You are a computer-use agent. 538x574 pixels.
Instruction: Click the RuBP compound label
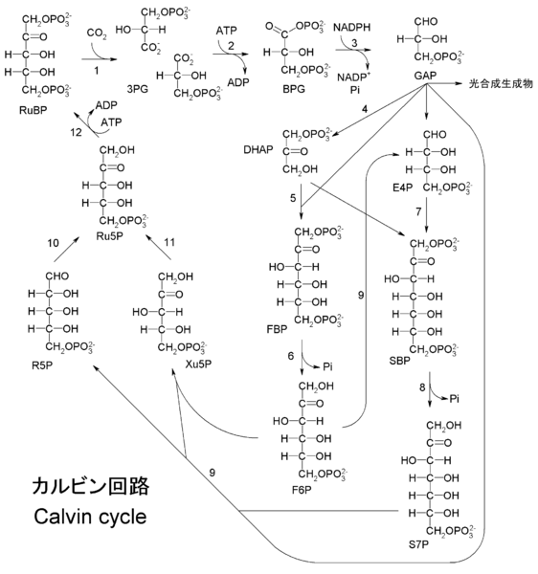(33, 110)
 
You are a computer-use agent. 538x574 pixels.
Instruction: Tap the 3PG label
(137, 89)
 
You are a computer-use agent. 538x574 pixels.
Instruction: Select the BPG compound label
(294, 89)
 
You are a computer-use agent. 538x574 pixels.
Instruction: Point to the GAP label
(425, 76)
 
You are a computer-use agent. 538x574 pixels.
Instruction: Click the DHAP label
(258, 150)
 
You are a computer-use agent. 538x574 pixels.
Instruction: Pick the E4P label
(402, 188)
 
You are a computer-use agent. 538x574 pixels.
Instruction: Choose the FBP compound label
(277, 329)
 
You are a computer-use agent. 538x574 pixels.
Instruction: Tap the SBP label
(399, 361)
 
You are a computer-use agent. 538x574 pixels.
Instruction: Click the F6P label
(302, 490)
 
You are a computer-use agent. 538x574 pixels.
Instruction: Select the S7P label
(418, 544)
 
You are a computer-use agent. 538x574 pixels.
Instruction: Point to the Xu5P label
(198, 364)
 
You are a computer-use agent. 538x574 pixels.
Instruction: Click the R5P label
(42, 365)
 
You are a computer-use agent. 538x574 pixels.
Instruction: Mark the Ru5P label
(109, 236)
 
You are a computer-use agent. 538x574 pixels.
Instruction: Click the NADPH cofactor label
(351, 27)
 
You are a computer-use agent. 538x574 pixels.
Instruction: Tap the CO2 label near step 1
(97, 33)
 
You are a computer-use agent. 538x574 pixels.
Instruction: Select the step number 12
(76, 132)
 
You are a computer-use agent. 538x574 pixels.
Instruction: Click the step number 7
(418, 211)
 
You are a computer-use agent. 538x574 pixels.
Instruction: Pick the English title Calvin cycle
(90, 517)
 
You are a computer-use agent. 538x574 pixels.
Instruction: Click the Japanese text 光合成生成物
(501, 84)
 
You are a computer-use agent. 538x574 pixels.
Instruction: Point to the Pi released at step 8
(454, 399)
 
